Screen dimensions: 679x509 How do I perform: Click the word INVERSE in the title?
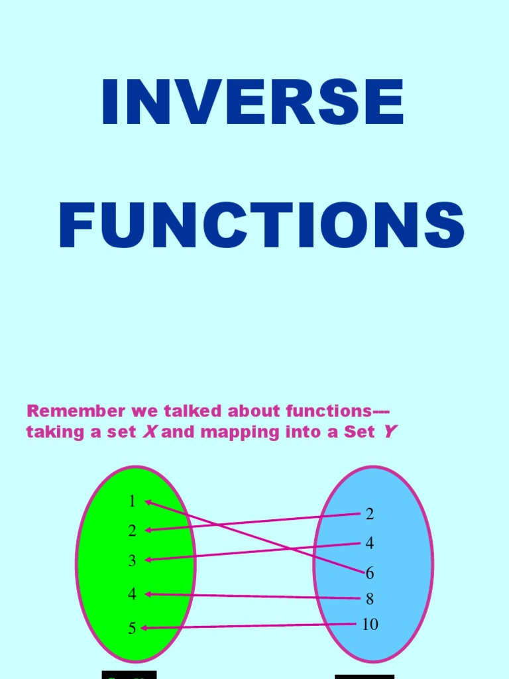pyautogui.click(x=253, y=103)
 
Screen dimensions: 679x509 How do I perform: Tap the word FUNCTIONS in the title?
pyautogui.click(x=261, y=226)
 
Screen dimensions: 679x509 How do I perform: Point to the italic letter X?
pyautogui.click(x=150, y=432)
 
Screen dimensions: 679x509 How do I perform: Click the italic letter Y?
pyautogui.click(x=390, y=432)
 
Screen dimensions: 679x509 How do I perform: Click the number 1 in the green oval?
pyautogui.click(x=132, y=501)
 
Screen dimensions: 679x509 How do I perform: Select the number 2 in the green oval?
pyautogui.click(x=132, y=530)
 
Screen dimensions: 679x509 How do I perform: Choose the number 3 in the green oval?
pyautogui.click(x=132, y=561)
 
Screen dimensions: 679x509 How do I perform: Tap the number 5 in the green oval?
pyautogui.click(x=132, y=628)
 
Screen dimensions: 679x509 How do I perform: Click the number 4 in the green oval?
pyautogui.click(x=132, y=594)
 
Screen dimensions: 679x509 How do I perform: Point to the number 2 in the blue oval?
pyautogui.click(x=370, y=514)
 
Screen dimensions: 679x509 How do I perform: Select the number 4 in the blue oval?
pyautogui.click(x=370, y=543)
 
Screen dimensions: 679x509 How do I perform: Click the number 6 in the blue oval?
pyautogui.click(x=370, y=573)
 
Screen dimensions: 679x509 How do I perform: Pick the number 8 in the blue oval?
pyautogui.click(x=370, y=599)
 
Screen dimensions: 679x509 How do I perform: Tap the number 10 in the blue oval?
pyautogui.click(x=370, y=625)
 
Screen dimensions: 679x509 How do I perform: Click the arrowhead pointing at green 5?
pyautogui.click(x=144, y=628)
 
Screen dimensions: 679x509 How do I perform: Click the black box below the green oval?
pyautogui.click(x=129, y=675)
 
